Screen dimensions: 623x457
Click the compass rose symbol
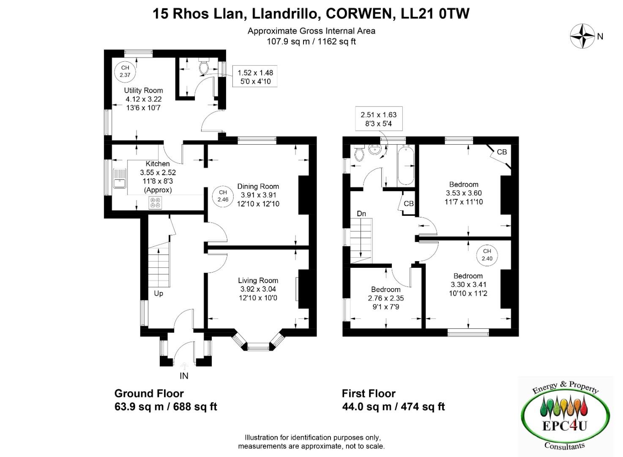[x=582, y=36]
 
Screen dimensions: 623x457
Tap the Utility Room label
[x=143, y=91]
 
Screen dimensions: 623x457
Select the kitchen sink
[x=120, y=179]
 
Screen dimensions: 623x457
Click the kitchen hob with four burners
[x=155, y=203]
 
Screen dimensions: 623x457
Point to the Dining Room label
[x=258, y=186]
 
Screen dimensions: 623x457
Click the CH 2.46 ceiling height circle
[x=223, y=196]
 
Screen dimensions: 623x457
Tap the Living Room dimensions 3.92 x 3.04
[x=258, y=289]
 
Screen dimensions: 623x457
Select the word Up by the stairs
[x=158, y=294]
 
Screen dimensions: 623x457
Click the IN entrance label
[x=184, y=376]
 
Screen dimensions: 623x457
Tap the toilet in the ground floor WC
[x=205, y=66]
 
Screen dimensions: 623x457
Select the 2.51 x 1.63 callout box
[x=379, y=118]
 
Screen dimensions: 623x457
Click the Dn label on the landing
[x=361, y=214]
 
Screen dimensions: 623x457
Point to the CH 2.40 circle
[x=487, y=255]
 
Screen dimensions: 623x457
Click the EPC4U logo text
[x=565, y=426]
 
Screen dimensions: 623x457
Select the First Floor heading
[x=369, y=394]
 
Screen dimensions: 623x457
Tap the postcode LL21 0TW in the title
[x=435, y=14]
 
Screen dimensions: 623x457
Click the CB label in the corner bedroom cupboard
[x=502, y=152]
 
